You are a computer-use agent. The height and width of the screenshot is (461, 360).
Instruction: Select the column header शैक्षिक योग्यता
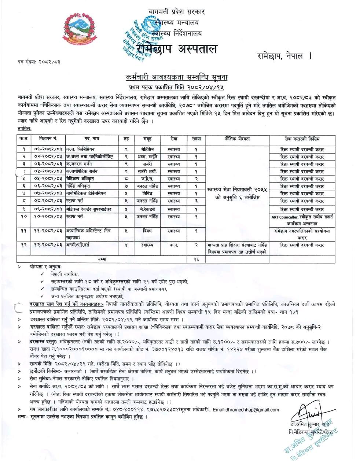(237, 139)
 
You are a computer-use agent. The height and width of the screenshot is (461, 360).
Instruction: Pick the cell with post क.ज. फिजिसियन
(80, 150)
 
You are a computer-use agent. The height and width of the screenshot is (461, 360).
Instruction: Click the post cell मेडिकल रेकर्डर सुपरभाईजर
(89, 209)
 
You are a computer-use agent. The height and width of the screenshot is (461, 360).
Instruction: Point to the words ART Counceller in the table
(284, 217)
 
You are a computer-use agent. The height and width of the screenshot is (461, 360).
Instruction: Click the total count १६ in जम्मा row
(196, 259)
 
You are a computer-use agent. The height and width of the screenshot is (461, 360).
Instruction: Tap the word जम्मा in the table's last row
(102, 259)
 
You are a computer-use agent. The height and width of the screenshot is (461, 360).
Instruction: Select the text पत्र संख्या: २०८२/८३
(39, 62)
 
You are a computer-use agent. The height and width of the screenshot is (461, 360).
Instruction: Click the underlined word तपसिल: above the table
(24, 129)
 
